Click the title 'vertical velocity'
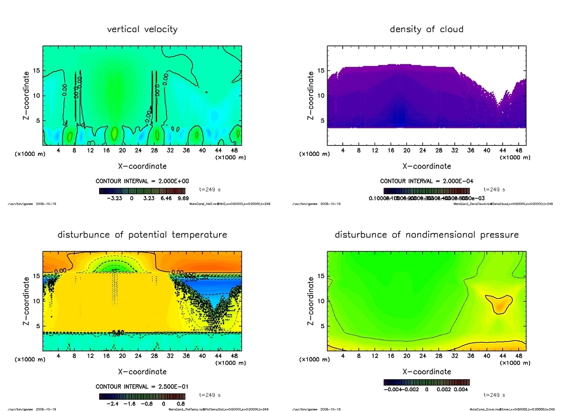tap(142, 29)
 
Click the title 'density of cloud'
tap(426, 29)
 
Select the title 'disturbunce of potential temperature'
tap(142, 235)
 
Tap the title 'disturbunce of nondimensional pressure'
tap(426, 235)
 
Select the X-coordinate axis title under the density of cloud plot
tap(426, 166)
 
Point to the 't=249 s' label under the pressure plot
tap(495, 394)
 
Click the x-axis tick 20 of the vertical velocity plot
tap(122, 151)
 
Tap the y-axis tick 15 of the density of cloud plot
tap(321, 71)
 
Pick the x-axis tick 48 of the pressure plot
tap(518, 356)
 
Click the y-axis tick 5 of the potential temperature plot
tap(37, 325)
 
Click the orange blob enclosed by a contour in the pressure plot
tap(499, 303)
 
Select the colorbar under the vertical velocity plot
tap(142, 191)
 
